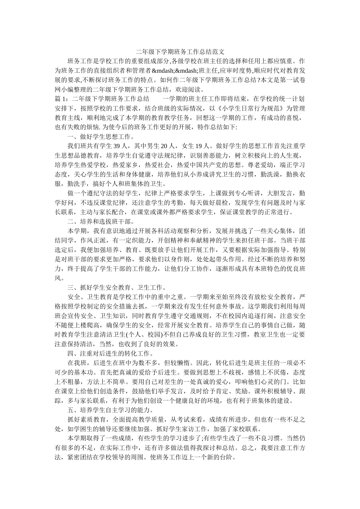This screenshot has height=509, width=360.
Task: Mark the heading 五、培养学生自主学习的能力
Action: [109, 410]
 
